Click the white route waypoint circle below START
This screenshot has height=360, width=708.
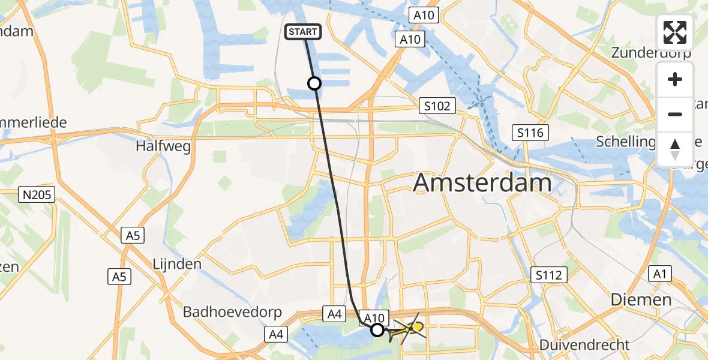click(x=314, y=83)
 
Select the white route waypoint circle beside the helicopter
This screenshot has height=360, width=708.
click(x=377, y=329)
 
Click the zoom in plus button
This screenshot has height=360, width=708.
click(x=675, y=79)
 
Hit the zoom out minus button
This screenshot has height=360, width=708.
click(x=675, y=114)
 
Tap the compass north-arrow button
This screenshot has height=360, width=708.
click(x=675, y=149)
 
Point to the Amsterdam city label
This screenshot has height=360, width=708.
click(x=482, y=182)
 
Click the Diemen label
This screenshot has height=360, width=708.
click(x=641, y=299)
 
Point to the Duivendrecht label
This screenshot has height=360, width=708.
click(x=584, y=345)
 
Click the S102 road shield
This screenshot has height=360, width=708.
click(x=437, y=106)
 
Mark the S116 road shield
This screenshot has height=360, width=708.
click(x=531, y=132)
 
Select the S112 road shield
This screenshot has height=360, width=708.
click(x=549, y=275)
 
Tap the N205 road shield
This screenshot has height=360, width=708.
click(x=38, y=194)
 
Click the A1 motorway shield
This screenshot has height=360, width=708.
click(x=660, y=274)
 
